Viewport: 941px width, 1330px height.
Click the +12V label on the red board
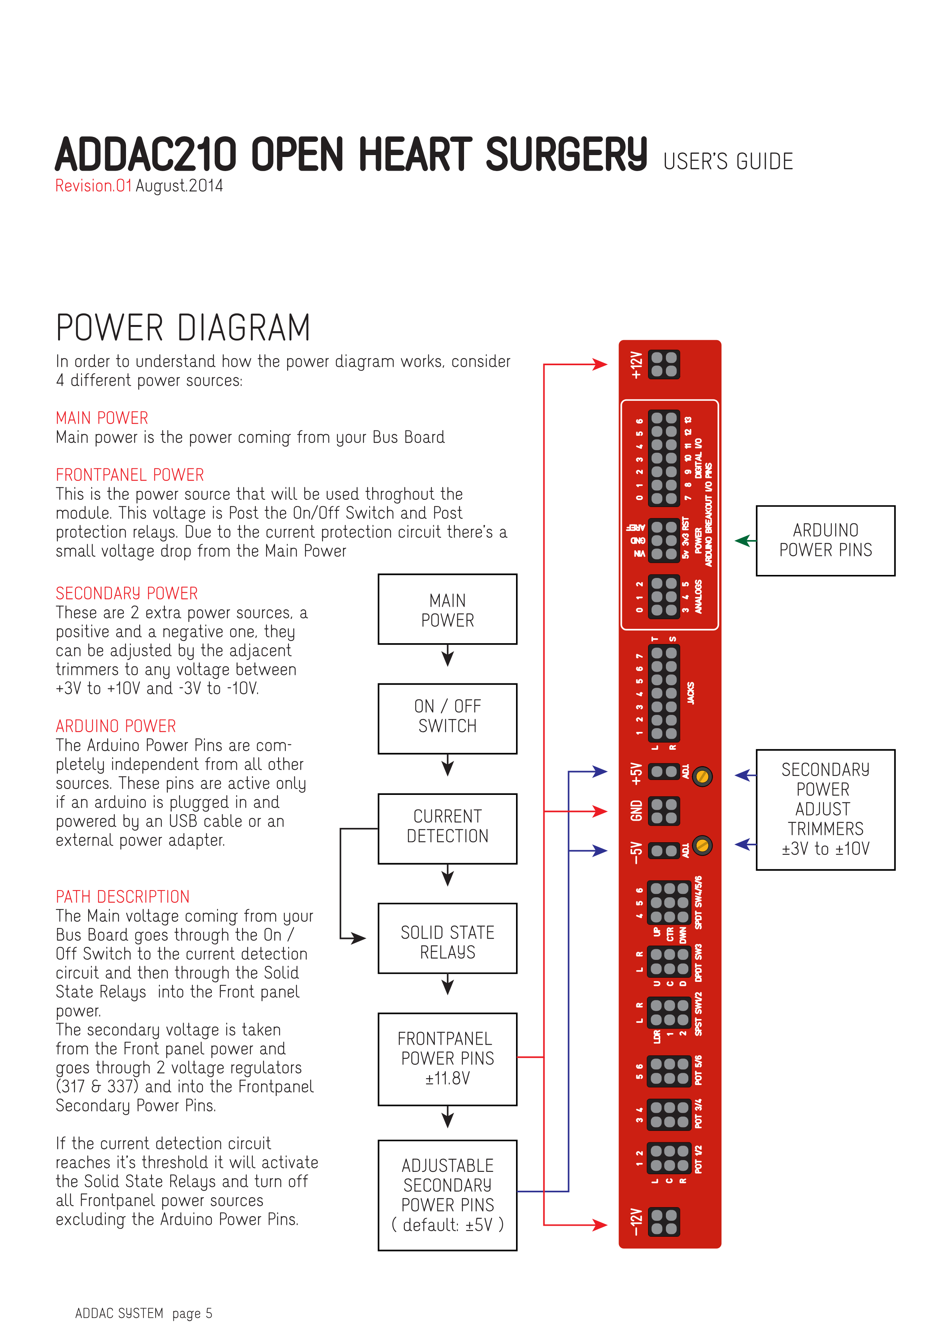tap(636, 365)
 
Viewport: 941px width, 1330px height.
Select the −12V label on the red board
tap(636, 1222)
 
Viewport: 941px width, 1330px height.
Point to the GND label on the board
tap(636, 811)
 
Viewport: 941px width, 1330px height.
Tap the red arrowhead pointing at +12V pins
tap(600, 364)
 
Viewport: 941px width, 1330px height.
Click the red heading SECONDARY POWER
tap(126, 593)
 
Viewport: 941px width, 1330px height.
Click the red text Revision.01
tap(93, 186)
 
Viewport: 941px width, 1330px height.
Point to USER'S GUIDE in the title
tap(728, 162)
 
